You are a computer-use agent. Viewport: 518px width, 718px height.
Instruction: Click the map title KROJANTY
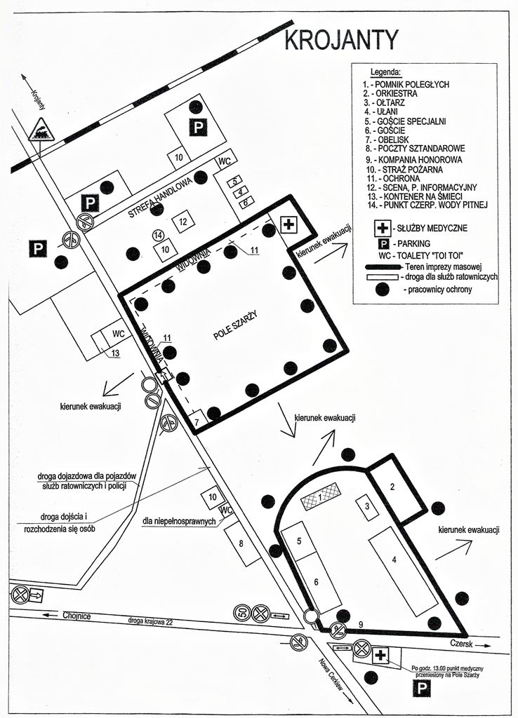pos(341,41)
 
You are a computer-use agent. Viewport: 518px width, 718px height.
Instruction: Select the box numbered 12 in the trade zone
pos(182,222)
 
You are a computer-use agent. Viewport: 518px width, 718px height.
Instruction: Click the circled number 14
pos(159,235)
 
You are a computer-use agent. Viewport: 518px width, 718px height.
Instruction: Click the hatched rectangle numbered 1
pos(320,498)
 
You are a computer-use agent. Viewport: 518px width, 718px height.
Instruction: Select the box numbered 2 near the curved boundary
pos(392,487)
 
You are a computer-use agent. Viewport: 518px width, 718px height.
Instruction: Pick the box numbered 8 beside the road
pos(241,543)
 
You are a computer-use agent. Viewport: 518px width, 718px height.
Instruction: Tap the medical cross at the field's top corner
pos(288,225)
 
